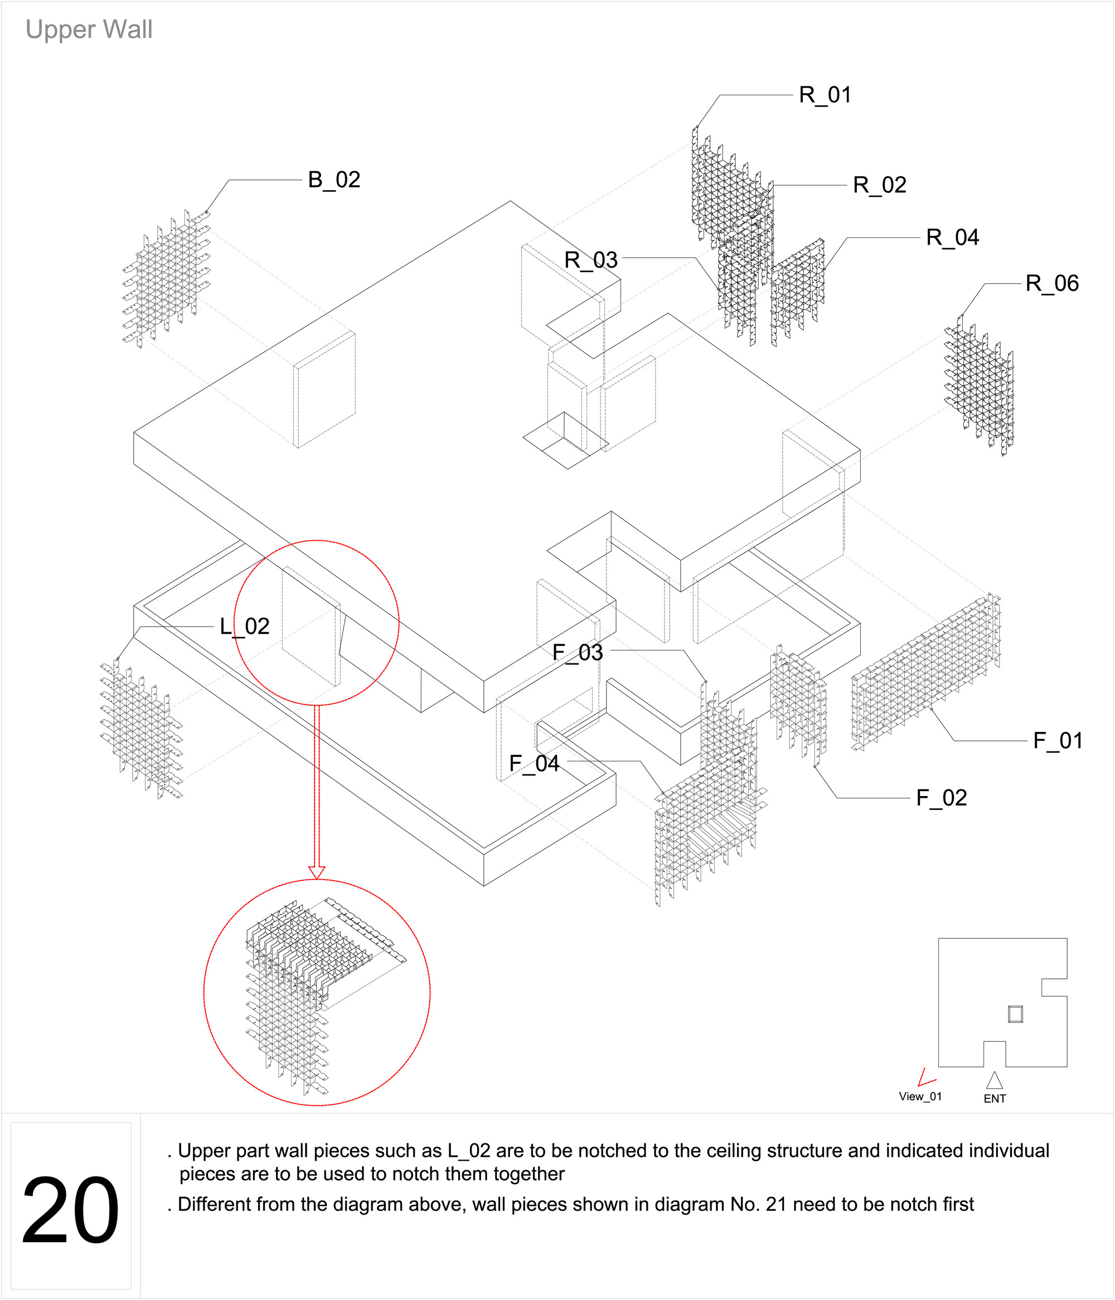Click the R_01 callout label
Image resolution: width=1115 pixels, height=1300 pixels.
click(x=825, y=95)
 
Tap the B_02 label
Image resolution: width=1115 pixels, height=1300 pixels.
click(x=334, y=180)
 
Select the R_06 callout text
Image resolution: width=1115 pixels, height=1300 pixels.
click(x=1051, y=284)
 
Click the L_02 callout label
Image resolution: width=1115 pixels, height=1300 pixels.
click(x=244, y=627)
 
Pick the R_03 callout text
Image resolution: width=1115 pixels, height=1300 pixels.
click(x=590, y=260)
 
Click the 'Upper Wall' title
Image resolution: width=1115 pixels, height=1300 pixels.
click(x=89, y=30)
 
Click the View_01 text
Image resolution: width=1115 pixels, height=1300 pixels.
click(x=920, y=1096)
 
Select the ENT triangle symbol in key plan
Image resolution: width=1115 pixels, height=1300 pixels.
click(x=994, y=1080)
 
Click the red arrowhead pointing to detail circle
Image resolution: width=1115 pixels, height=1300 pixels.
click(x=317, y=872)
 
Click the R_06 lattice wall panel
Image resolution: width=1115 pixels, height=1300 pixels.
click(x=979, y=386)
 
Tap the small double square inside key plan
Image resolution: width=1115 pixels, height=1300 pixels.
click(x=1015, y=1015)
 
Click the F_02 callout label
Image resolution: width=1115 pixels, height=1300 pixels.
click(x=941, y=798)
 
